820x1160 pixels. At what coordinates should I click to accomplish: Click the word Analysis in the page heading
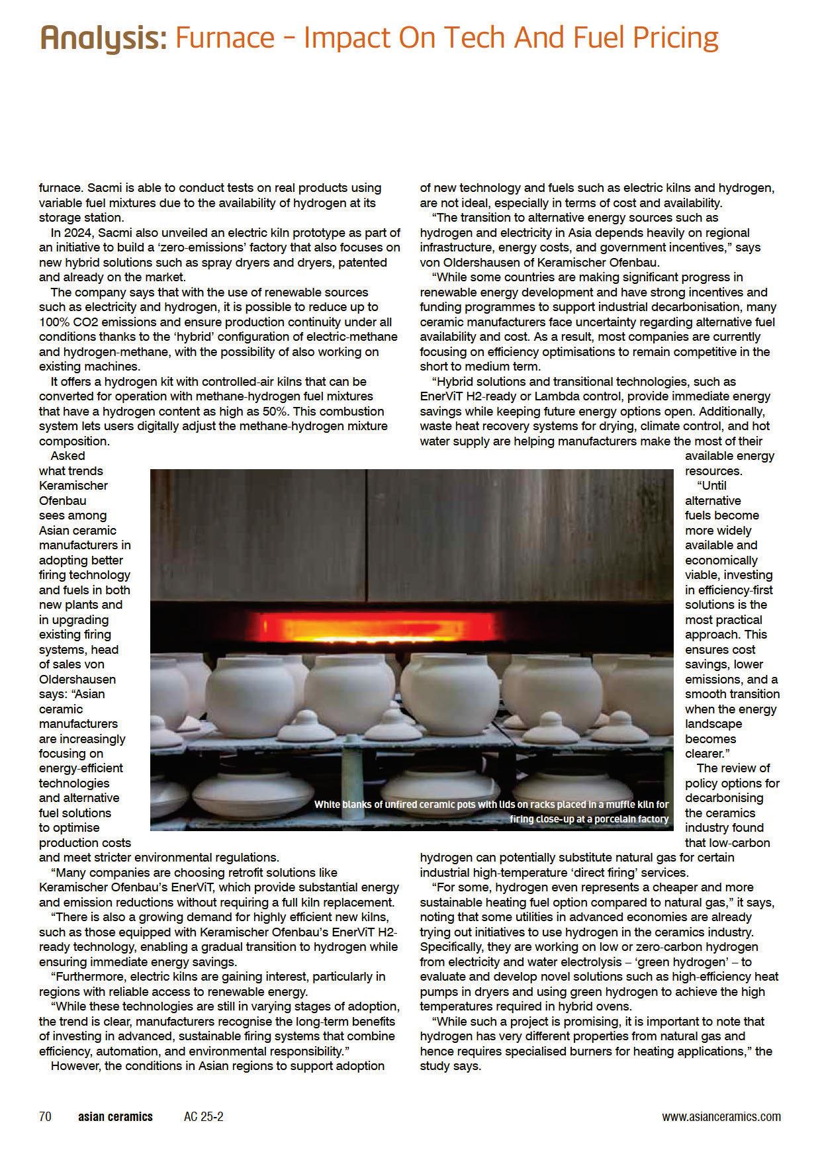coord(103,38)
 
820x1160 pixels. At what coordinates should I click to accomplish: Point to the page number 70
coord(45,1116)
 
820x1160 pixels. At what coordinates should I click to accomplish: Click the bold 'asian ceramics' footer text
coord(115,1116)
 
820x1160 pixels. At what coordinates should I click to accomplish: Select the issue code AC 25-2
coord(204,1116)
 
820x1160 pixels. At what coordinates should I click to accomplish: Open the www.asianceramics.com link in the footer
coord(721,1116)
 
